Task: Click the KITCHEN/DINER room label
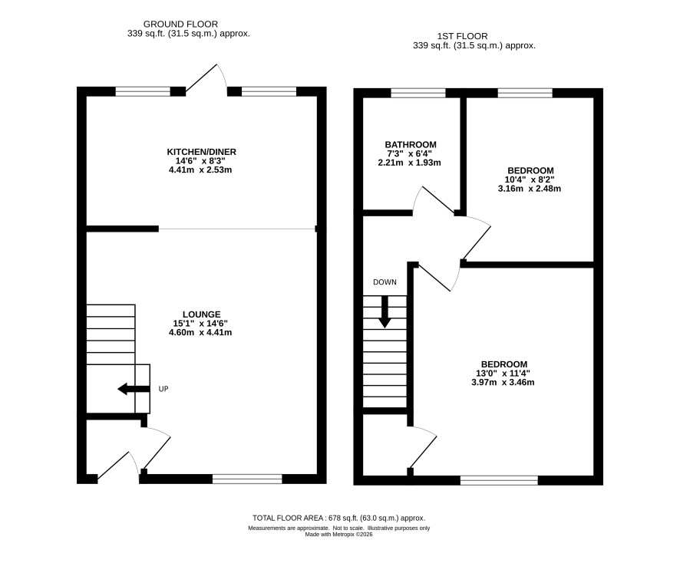click(202, 152)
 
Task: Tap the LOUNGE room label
click(201, 314)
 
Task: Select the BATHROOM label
click(411, 144)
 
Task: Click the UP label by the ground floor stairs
click(163, 389)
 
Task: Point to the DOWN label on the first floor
click(385, 282)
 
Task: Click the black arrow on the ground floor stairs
click(134, 389)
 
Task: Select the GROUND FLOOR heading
click(180, 25)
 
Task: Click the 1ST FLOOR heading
click(462, 36)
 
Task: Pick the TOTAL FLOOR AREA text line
click(338, 518)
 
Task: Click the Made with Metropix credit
click(338, 535)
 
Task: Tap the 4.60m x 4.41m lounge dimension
click(200, 332)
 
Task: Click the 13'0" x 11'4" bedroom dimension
click(503, 374)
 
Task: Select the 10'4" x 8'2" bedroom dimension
click(530, 179)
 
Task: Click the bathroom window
click(418, 93)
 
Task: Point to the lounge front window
click(247, 479)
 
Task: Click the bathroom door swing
click(434, 199)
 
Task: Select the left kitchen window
click(143, 91)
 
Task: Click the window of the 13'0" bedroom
click(499, 480)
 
